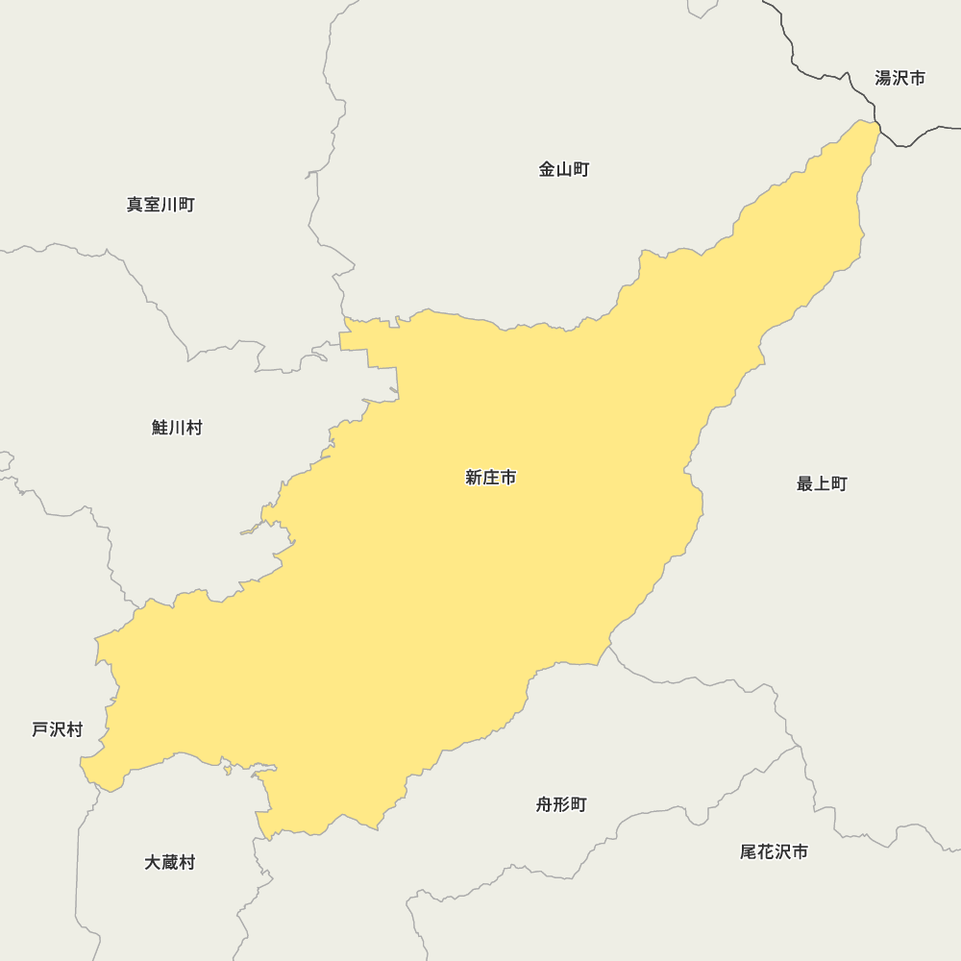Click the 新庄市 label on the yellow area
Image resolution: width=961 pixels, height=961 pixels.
tap(490, 478)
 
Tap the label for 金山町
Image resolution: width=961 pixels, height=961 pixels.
tap(563, 170)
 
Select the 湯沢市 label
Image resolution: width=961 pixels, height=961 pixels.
tap(899, 79)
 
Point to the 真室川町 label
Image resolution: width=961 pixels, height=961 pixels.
tap(160, 205)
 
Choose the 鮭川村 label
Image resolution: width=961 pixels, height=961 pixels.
tap(177, 429)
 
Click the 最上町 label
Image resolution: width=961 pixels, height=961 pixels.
tap(822, 484)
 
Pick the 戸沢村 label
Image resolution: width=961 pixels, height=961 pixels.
tap(57, 730)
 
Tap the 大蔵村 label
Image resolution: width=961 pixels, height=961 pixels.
tap(169, 863)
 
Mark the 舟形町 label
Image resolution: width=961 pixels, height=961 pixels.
tap(561, 805)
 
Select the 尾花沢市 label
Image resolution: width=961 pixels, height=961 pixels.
tap(774, 852)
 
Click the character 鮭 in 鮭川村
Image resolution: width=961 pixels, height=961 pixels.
tap(160, 429)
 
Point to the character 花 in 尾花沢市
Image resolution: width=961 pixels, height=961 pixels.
tap(766, 852)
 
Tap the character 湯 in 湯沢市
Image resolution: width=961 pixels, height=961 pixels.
tap(883, 79)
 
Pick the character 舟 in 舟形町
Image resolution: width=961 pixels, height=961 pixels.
tap(544, 805)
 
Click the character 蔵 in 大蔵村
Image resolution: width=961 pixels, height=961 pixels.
tap(169, 863)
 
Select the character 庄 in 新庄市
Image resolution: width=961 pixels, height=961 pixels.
tap(490, 478)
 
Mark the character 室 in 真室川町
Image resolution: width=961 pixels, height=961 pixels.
tap(152, 205)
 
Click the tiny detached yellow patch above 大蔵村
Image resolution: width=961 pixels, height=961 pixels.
tap(228, 769)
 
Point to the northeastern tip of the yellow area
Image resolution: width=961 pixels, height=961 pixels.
tap(876, 125)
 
